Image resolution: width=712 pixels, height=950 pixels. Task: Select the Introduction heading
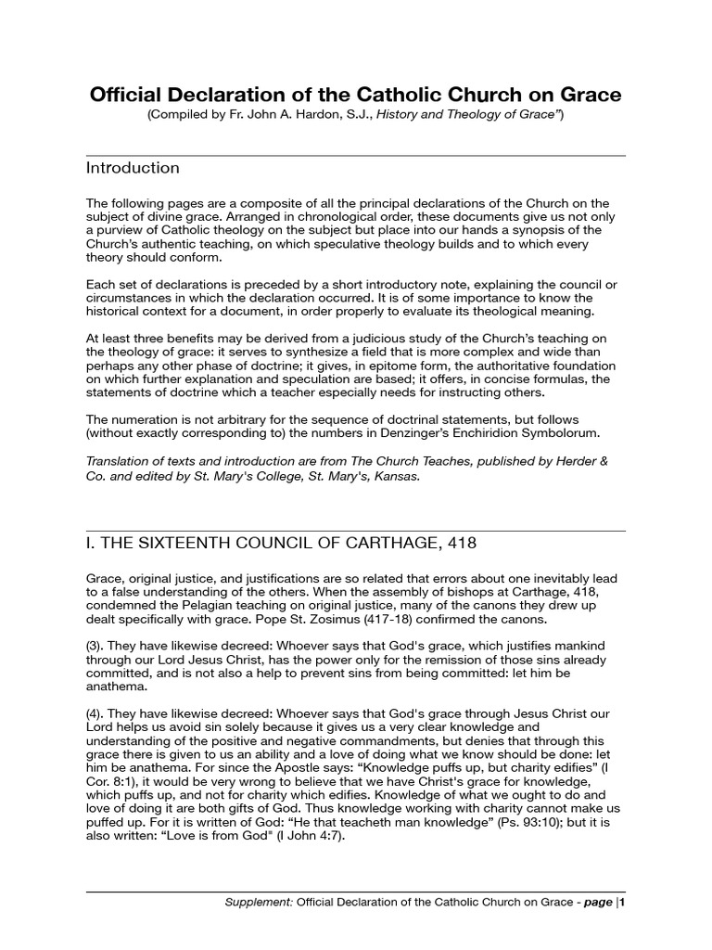(x=133, y=168)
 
